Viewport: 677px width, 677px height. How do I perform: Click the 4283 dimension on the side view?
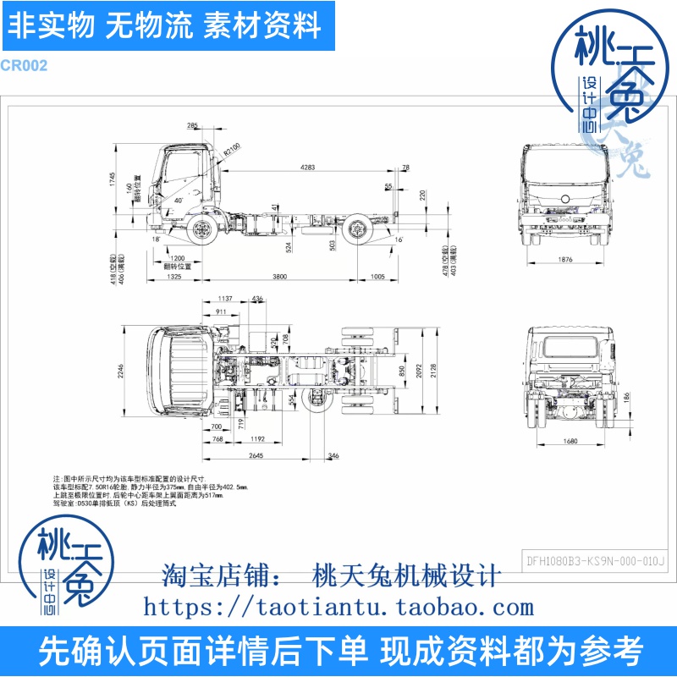click(x=307, y=168)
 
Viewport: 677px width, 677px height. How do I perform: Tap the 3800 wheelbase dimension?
click(x=279, y=277)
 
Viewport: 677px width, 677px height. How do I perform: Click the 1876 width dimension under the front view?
click(x=566, y=261)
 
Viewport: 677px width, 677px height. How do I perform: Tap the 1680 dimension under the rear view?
click(x=567, y=441)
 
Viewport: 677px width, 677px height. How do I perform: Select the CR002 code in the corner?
click(x=24, y=65)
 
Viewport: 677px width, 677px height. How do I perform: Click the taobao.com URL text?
click(x=338, y=607)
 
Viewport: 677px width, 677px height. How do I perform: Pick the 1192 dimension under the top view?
click(x=259, y=439)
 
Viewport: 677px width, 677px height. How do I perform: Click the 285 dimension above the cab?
click(x=193, y=125)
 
